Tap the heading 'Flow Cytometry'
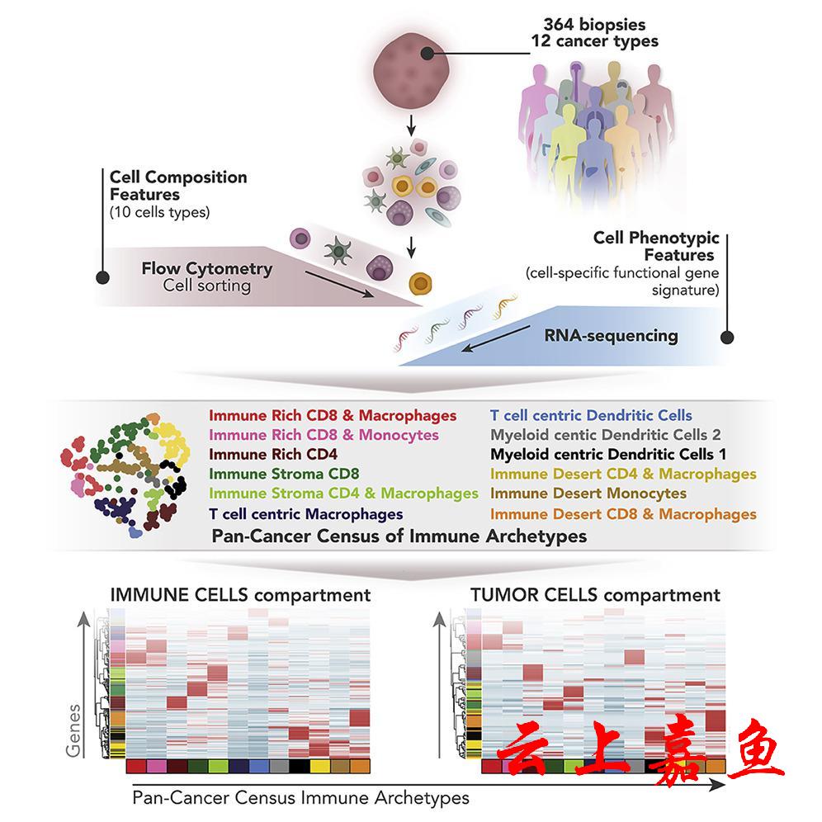206,268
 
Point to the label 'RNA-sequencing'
612,336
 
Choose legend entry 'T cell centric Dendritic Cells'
591,415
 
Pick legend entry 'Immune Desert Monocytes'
588,494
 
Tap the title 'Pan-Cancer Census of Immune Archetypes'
399,536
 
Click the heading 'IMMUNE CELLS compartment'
240,595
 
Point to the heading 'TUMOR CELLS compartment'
594,595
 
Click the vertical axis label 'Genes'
75,730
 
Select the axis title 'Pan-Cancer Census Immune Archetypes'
300,798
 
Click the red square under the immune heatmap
136,767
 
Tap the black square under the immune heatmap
300,767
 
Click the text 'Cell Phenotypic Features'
654,246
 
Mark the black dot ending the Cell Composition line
102,277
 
